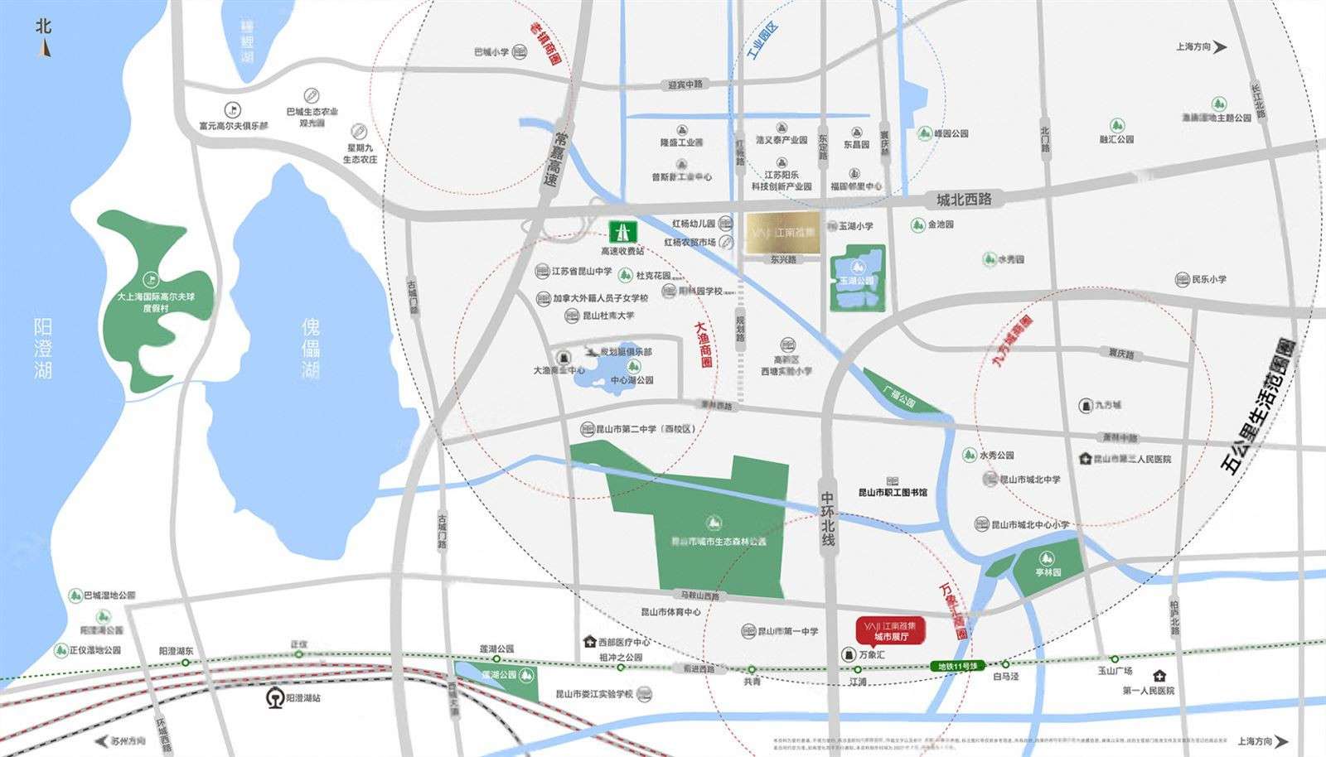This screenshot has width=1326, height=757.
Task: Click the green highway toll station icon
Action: click(622, 231)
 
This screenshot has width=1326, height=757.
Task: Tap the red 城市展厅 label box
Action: click(890, 631)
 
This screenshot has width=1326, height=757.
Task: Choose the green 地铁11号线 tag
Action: click(958, 666)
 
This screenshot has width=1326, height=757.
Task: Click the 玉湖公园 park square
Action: click(857, 279)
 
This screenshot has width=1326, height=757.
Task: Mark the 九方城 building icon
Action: click(1086, 405)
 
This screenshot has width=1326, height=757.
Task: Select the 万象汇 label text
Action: click(872, 654)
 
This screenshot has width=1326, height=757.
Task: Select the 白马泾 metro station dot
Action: click(1005, 664)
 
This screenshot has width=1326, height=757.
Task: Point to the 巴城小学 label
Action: click(491, 52)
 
